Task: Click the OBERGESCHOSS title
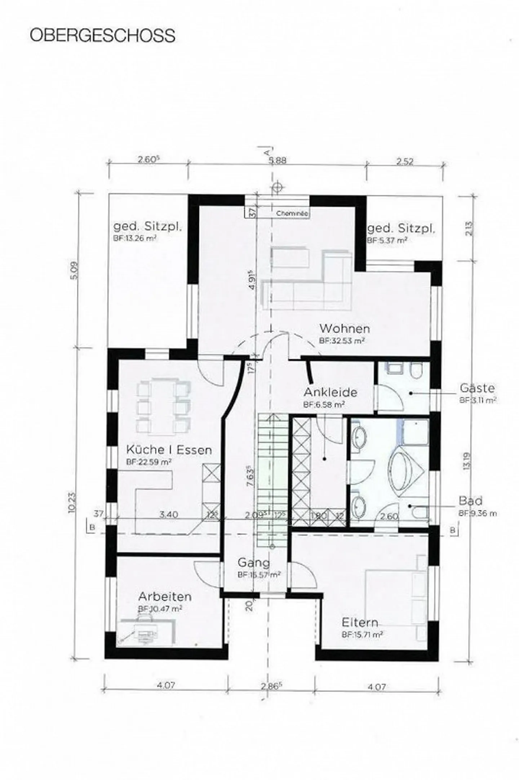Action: click(102, 36)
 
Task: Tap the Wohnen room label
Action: click(344, 329)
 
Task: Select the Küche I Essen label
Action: click(169, 450)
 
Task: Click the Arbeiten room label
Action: click(165, 597)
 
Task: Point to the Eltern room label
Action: click(360, 623)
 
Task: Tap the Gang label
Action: click(253, 562)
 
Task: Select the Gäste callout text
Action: click(477, 388)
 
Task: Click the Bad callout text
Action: click(470, 501)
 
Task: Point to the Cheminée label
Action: click(292, 214)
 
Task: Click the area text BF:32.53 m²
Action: click(342, 340)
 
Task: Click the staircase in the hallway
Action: click(272, 479)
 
